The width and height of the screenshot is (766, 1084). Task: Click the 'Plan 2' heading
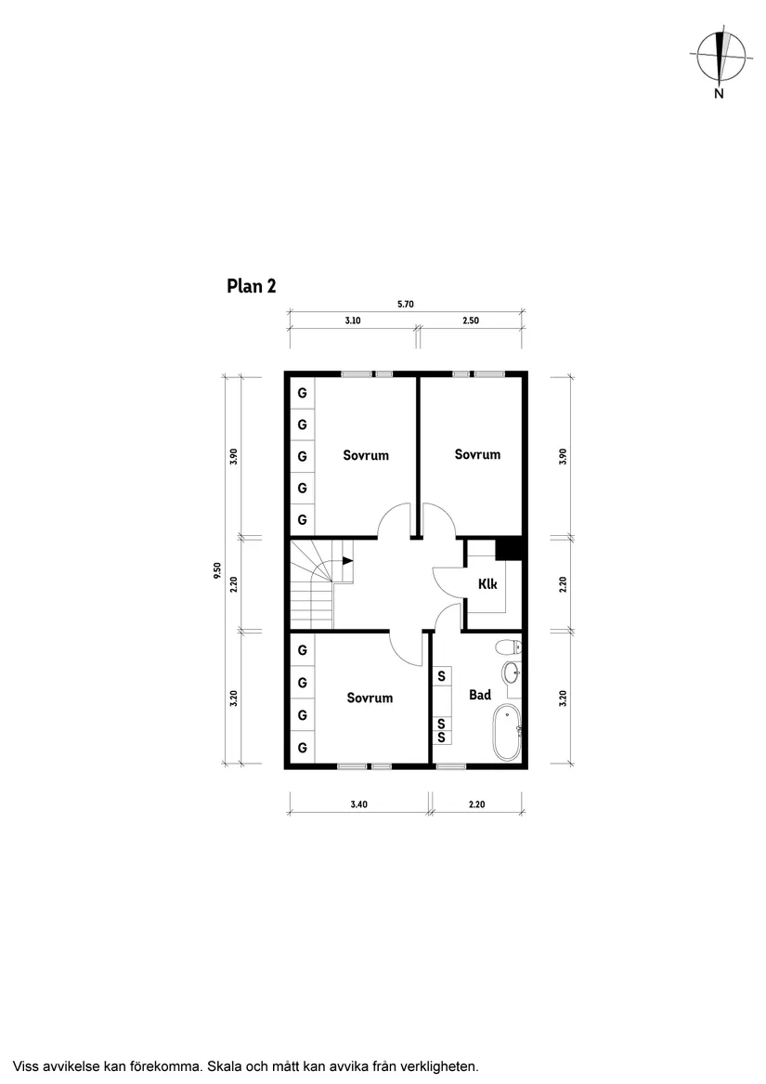pos(251,286)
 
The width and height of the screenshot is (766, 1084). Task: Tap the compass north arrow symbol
pos(721,57)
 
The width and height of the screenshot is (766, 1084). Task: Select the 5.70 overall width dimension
pos(407,303)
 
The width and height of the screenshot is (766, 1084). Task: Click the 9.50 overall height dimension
pos(216,570)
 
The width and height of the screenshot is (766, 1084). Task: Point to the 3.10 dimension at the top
pos(352,320)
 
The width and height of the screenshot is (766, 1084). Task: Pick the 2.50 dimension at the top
pos(471,320)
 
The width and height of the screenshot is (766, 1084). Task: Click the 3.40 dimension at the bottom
pos(358,804)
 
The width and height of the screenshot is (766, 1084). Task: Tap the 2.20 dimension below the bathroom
pos(476,804)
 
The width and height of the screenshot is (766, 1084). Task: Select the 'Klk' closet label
pos(487,584)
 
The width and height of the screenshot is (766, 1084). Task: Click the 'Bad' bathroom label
pos(479,695)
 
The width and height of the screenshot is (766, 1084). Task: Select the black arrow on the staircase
pos(347,560)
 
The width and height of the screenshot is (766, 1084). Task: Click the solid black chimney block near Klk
pos(510,549)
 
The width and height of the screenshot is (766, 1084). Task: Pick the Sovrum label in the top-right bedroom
pos(477,454)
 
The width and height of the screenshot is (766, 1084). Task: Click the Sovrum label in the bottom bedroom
pos(370,698)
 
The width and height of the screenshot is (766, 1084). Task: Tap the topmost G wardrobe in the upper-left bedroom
pos(302,394)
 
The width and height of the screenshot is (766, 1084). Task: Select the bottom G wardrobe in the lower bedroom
pos(302,747)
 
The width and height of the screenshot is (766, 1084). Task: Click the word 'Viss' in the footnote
pos(28,1065)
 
